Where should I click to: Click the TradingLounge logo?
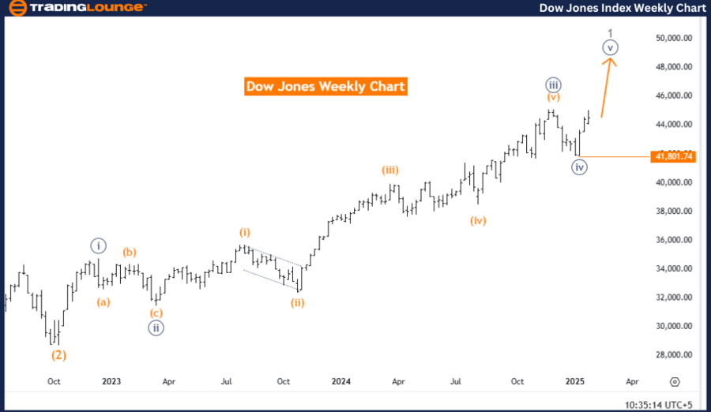click(x=77, y=8)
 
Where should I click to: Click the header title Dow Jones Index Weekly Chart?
click(x=622, y=8)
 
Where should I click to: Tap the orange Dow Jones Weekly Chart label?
click(x=325, y=86)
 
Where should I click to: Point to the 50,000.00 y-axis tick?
click(x=674, y=38)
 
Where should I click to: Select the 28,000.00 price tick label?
click(x=674, y=355)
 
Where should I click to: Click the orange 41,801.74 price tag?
click(x=673, y=157)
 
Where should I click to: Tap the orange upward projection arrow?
click(x=608, y=87)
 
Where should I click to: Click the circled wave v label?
click(x=609, y=47)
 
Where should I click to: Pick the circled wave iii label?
click(x=553, y=84)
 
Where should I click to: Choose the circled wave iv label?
click(x=579, y=167)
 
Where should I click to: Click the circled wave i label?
click(x=97, y=245)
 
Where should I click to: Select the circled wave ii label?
click(x=156, y=328)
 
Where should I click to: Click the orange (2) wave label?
click(x=58, y=355)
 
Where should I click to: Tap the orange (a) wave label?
click(x=103, y=302)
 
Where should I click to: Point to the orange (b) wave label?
click(x=130, y=253)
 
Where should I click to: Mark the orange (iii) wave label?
click(x=390, y=170)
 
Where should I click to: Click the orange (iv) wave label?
click(x=477, y=220)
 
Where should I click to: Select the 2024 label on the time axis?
click(x=340, y=381)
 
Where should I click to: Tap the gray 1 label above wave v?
click(x=610, y=32)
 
